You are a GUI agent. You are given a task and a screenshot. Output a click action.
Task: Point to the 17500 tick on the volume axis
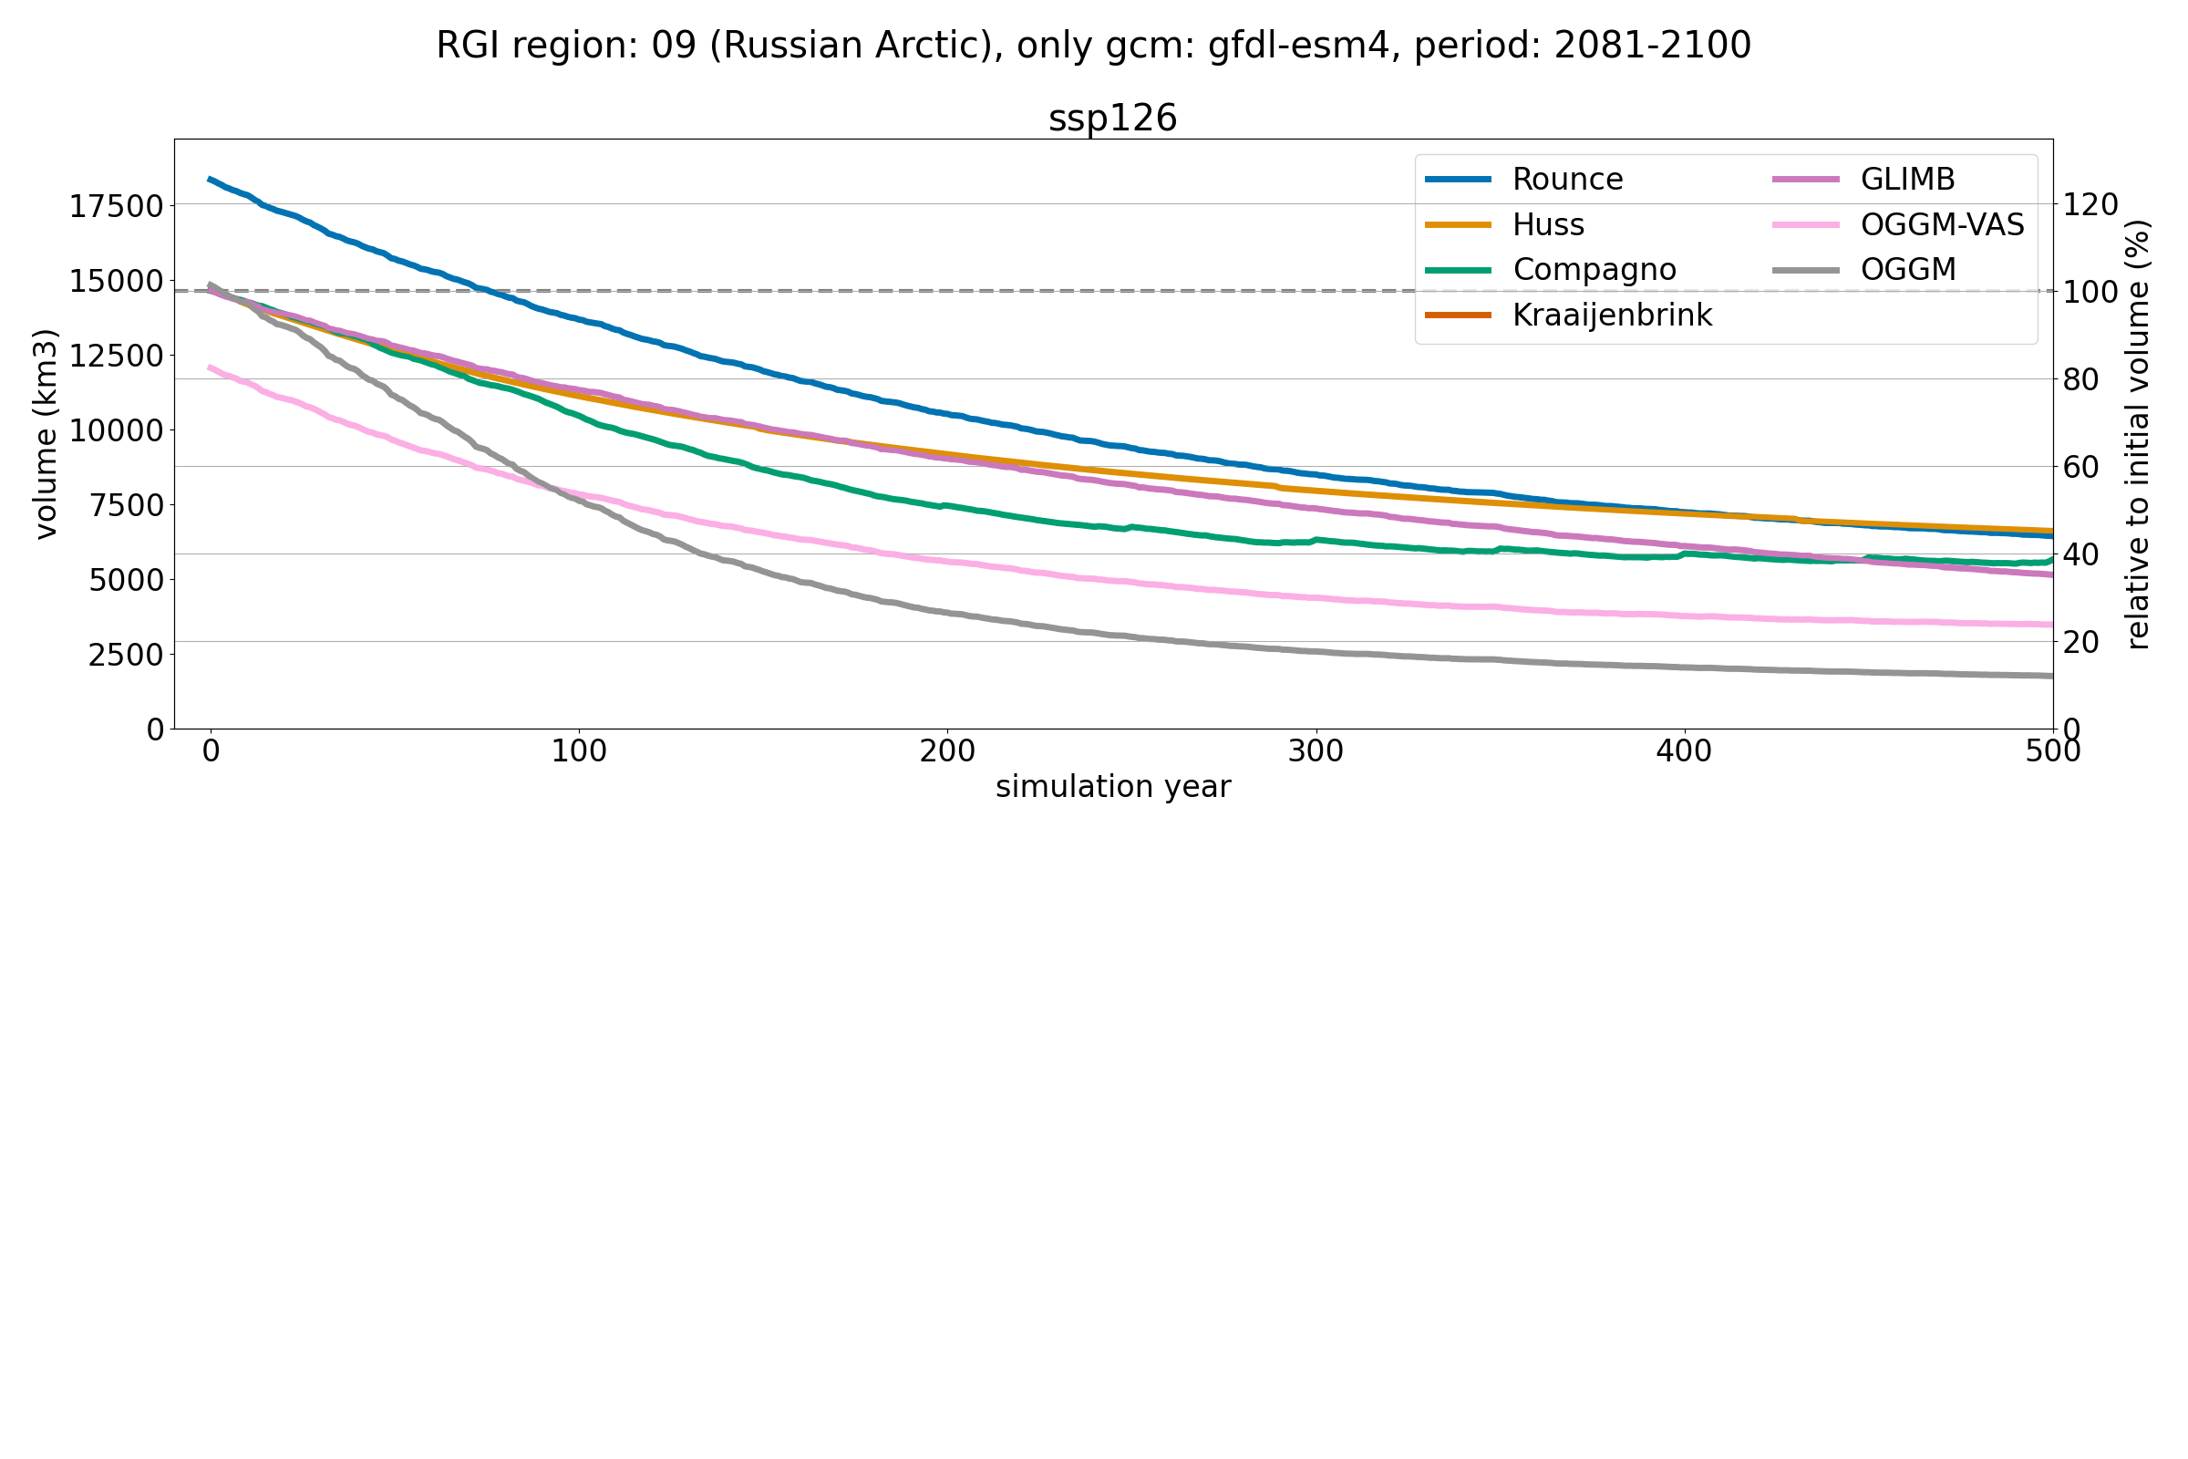(x=117, y=207)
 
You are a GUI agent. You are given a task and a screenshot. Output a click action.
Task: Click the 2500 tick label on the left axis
(x=126, y=655)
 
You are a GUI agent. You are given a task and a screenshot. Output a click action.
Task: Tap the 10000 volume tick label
(x=117, y=430)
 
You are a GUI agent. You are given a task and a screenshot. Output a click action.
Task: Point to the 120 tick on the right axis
(x=2090, y=204)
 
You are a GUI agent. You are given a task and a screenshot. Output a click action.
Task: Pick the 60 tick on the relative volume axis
(x=2081, y=467)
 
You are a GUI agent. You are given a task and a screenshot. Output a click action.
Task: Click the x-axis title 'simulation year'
(x=1112, y=787)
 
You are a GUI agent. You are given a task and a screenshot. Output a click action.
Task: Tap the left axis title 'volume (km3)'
(x=46, y=434)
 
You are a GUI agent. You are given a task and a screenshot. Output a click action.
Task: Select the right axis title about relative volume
(x=2139, y=434)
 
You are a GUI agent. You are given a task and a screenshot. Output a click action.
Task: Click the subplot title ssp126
(x=1112, y=119)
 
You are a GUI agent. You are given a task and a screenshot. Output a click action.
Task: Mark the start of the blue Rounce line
(x=211, y=179)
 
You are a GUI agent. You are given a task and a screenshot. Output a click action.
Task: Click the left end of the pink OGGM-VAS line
(x=211, y=367)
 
